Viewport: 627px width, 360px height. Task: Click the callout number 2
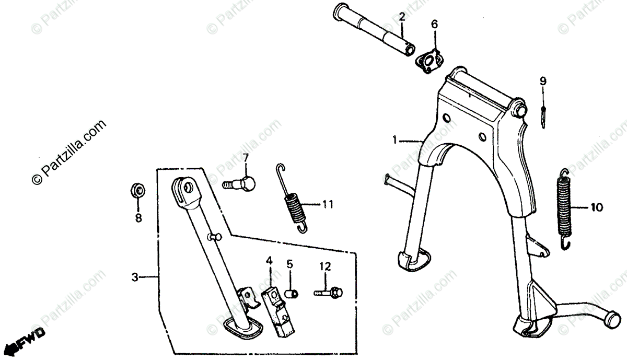point(402,17)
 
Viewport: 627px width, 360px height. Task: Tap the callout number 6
point(435,24)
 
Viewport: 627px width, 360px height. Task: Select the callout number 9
point(543,81)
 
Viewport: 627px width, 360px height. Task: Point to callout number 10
point(597,207)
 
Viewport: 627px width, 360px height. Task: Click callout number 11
point(328,204)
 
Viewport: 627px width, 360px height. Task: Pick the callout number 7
point(245,157)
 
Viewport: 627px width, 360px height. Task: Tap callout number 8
point(138,218)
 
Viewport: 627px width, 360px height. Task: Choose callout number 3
point(135,277)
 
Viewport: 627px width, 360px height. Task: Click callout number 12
point(325,266)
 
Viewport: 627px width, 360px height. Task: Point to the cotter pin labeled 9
point(544,111)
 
